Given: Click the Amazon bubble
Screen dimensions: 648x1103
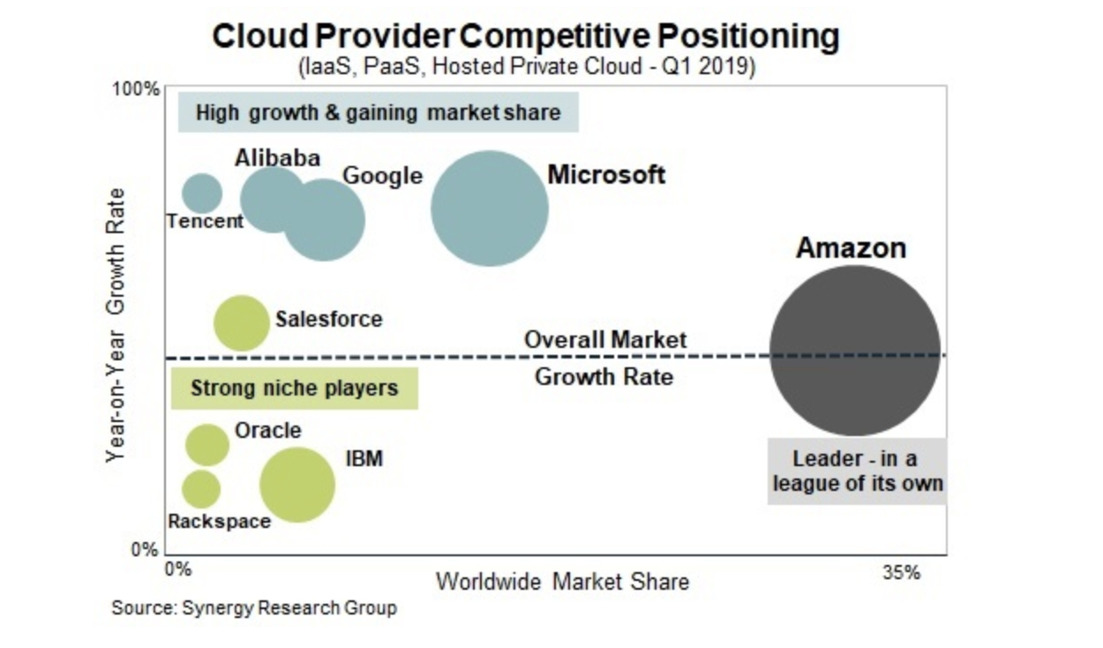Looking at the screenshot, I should tap(854, 350).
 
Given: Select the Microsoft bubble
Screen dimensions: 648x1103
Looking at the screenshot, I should tap(490, 208).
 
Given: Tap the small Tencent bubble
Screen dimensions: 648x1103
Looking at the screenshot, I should tap(202, 193).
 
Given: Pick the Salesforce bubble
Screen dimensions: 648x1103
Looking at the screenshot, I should tap(241, 323).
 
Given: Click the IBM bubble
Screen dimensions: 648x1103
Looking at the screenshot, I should tap(297, 484).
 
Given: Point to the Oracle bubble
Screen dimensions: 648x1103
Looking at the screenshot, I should tap(207, 444).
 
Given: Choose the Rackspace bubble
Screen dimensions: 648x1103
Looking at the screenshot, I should tap(201, 488).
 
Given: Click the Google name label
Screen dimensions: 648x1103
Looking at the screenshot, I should tap(382, 176).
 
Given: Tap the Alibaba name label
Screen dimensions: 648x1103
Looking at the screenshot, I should tap(277, 158).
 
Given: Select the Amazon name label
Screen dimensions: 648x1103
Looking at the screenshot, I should tap(851, 248).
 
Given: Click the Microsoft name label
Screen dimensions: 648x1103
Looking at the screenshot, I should tap(606, 174).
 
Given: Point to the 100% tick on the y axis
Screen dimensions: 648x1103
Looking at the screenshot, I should tap(135, 89).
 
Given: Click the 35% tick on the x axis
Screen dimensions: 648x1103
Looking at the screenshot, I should tap(901, 572).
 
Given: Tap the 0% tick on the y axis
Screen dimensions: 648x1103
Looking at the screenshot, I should tap(144, 549).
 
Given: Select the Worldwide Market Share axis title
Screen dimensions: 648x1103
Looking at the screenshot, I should tap(562, 582).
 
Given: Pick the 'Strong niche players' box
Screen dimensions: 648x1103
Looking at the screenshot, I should tap(294, 388).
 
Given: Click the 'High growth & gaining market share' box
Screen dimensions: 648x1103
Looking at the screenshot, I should tap(378, 112).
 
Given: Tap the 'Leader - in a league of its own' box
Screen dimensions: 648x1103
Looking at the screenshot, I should tap(856, 471).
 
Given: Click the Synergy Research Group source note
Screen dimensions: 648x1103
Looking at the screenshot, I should tap(254, 607).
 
